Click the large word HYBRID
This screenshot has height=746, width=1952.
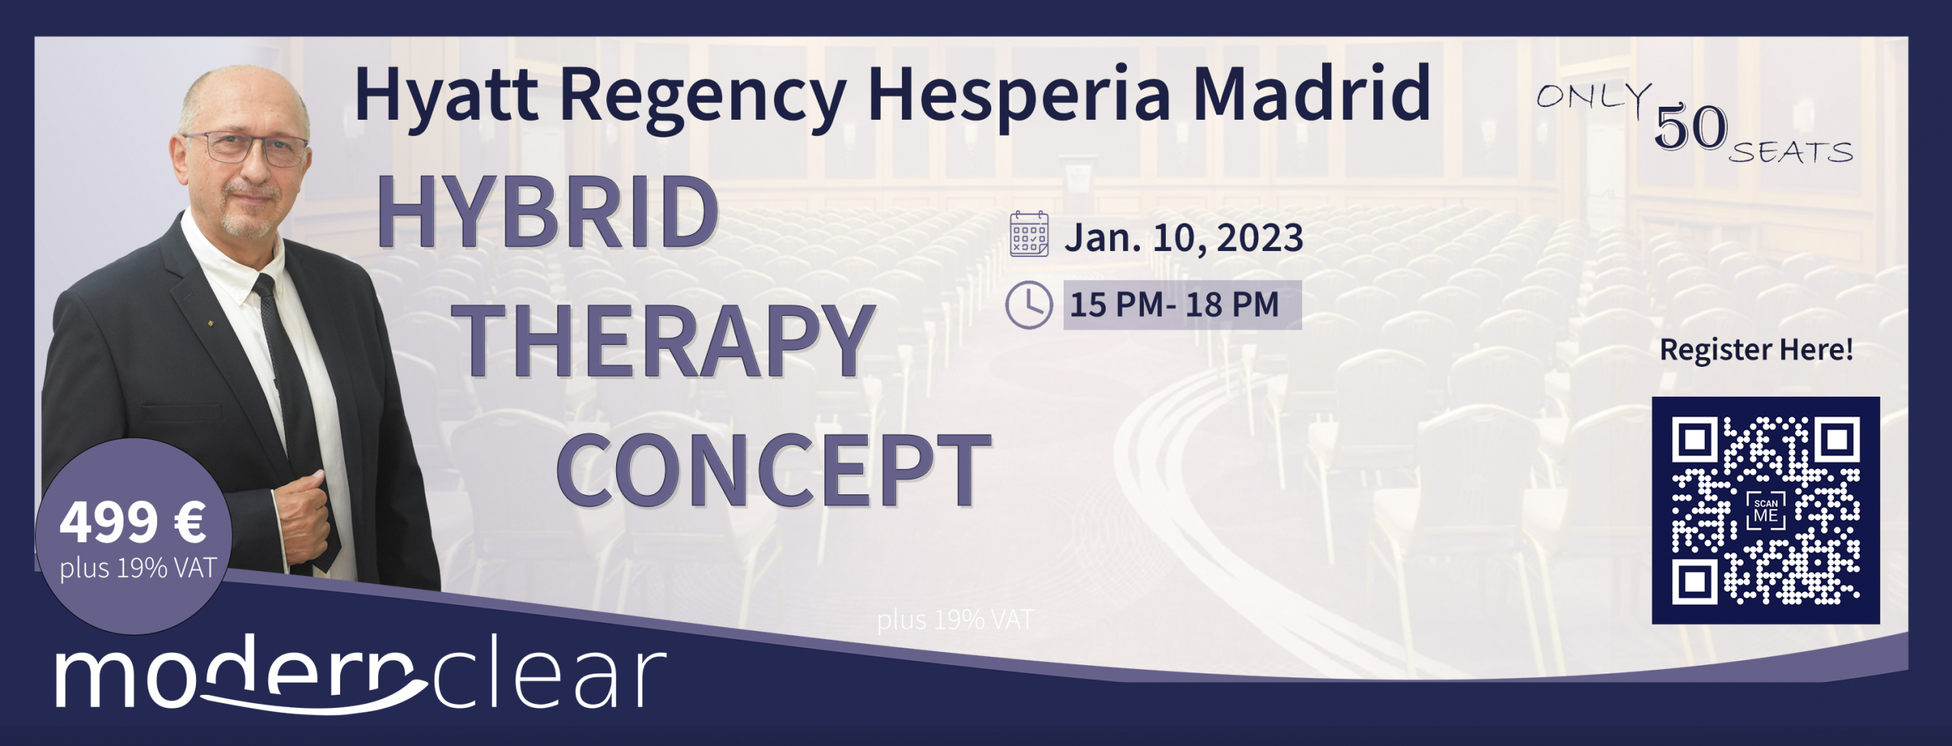(547, 211)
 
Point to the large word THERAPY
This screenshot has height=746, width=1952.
(669, 340)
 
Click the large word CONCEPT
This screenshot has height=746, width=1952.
(774, 468)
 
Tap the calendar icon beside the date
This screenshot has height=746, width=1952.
(1029, 234)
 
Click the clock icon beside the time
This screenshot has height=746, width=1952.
(1029, 304)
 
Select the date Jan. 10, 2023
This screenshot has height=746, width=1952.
(1183, 237)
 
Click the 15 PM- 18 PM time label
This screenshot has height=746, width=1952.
(1174, 304)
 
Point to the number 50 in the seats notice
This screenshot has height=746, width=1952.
(1690, 127)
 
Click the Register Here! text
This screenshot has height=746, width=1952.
(1756, 349)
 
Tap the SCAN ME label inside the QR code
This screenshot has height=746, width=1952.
(1766, 511)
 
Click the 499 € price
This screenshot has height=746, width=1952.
(133, 523)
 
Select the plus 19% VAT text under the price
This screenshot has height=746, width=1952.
(138, 568)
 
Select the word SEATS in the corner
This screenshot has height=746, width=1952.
(1790, 153)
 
